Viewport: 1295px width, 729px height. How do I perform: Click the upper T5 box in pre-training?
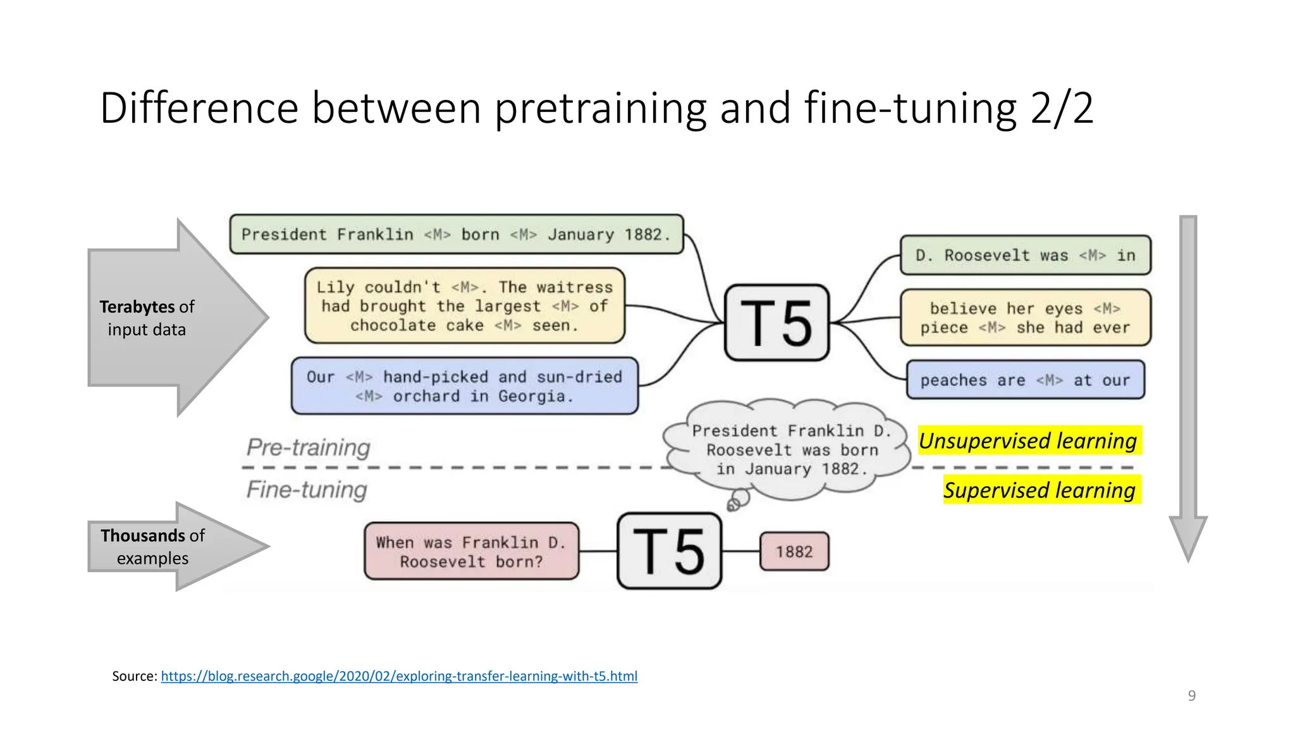click(776, 323)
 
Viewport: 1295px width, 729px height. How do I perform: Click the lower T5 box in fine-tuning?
click(669, 551)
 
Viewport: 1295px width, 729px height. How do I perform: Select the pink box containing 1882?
click(794, 552)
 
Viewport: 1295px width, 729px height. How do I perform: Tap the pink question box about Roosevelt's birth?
click(471, 551)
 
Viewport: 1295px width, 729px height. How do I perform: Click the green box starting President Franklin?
click(456, 235)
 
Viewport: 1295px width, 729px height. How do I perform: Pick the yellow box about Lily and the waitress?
click(465, 306)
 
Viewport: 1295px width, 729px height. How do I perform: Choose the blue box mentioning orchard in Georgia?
click(465, 386)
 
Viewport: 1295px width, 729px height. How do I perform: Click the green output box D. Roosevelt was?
click(1025, 256)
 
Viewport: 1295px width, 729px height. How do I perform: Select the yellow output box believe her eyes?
click(1025, 318)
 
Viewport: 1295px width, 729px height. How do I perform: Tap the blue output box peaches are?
click(1025, 380)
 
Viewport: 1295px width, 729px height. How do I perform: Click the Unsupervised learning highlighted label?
click(1028, 440)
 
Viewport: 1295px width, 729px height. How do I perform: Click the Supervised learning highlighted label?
click(1040, 490)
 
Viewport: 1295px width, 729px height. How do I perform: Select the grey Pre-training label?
click(309, 447)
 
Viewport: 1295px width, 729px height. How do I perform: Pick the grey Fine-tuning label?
click(307, 490)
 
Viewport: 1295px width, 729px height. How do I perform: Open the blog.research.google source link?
click(399, 676)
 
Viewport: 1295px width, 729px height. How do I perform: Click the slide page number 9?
click(1192, 695)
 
